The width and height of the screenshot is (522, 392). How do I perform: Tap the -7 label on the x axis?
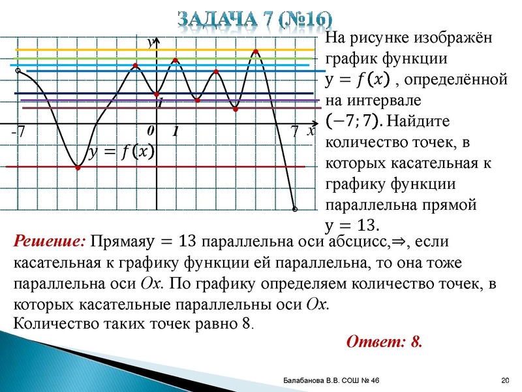[x=18, y=132]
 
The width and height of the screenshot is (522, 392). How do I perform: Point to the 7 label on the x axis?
[x=295, y=132]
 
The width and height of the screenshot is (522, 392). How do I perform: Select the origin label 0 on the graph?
[x=150, y=131]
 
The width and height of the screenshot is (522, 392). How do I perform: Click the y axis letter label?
[x=149, y=42]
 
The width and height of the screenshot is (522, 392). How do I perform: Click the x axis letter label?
[x=311, y=131]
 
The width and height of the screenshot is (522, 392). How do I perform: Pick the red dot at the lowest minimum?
[x=78, y=168]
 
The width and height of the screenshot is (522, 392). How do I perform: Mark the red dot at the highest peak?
[x=256, y=51]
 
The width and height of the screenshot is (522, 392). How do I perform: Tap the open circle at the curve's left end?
[x=18, y=70]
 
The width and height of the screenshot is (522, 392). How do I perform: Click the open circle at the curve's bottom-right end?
[x=295, y=210]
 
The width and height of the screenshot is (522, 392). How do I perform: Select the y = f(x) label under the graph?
[x=122, y=153]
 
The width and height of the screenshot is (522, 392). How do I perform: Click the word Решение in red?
[x=49, y=241]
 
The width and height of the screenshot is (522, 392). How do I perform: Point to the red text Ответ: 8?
[x=384, y=342]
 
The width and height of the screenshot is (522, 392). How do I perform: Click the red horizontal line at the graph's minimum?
[x=196, y=167]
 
